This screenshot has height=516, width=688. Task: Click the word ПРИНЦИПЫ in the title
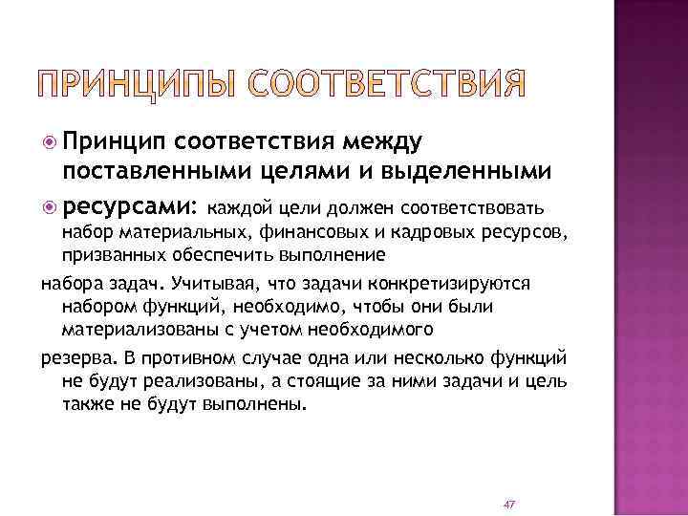click(141, 83)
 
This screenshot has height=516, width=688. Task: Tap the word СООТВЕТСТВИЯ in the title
click(387, 83)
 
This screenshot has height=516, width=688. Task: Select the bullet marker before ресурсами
click(50, 204)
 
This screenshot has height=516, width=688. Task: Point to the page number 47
click(508, 503)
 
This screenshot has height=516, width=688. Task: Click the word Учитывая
click(208, 284)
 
